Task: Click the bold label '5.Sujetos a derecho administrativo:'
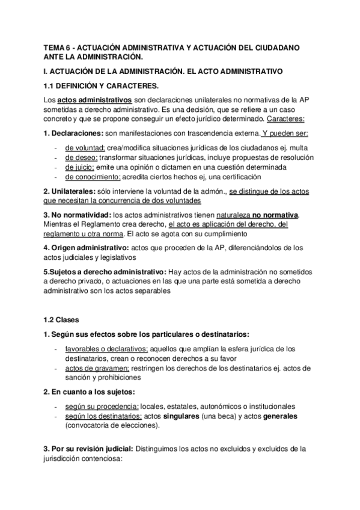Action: (105, 271)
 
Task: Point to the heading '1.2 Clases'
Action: (62, 319)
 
